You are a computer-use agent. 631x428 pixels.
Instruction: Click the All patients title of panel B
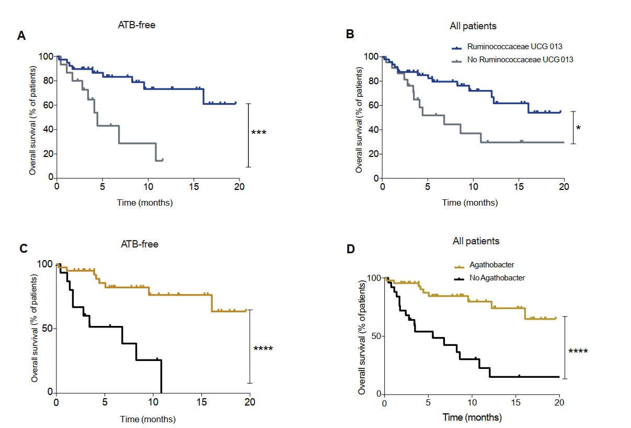(x=473, y=26)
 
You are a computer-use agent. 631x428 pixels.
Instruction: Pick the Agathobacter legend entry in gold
(x=491, y=265)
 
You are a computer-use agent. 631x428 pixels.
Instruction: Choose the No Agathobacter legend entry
(x=497, y=278)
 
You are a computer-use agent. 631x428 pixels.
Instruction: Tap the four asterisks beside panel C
(x=263, y=348)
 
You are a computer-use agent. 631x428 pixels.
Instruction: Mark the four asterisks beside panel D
(x=578, y=351)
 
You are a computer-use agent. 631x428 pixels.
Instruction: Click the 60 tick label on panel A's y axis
(x=49, y=105)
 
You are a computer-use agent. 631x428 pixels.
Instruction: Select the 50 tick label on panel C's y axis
(x=47, y=329)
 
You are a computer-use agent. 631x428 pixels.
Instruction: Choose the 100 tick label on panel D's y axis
(x=374, y=278)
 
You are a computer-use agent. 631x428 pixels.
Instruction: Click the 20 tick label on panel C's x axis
(x=250, y=402)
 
